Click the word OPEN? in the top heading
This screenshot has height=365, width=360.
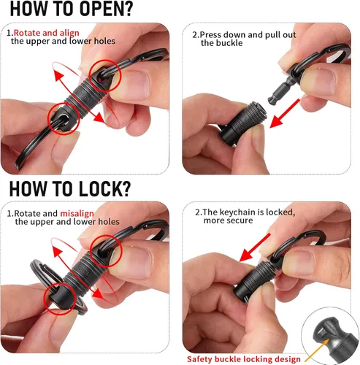106,9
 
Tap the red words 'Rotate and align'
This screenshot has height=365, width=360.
47,33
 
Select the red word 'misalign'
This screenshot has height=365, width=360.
77,213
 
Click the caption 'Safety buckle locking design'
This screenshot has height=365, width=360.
244,359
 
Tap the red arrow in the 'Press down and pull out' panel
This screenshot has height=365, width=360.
285,113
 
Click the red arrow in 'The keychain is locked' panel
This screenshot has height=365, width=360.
255,247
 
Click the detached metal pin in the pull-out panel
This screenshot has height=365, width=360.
282,91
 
